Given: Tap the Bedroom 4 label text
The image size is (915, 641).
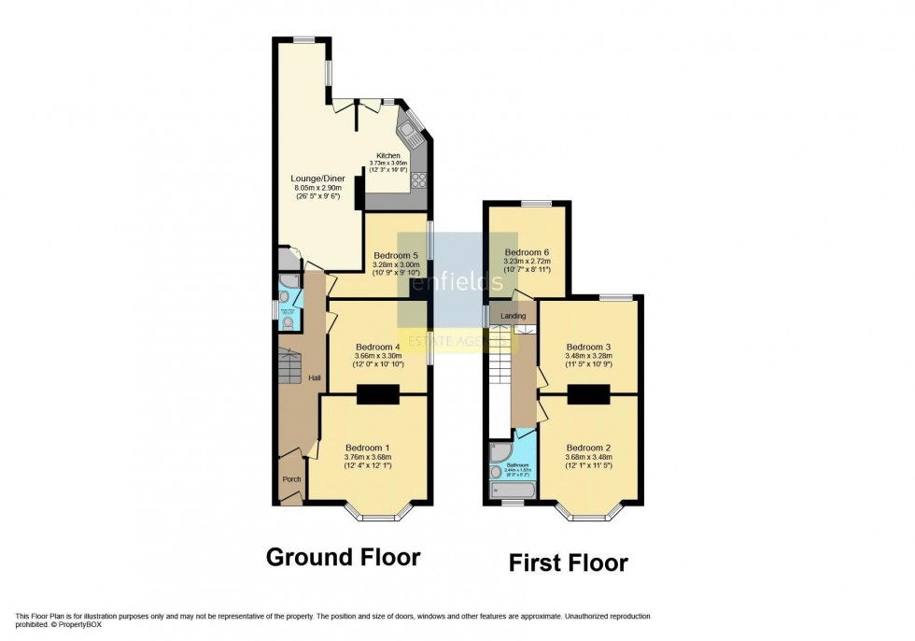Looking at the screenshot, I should point(378,346).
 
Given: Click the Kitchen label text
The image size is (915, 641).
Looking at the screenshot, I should point(388,155).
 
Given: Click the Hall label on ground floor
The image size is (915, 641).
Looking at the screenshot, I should point(316,377).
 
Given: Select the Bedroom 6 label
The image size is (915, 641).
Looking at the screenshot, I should point(528,252).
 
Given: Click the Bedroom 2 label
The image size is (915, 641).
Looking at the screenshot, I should point(589,446).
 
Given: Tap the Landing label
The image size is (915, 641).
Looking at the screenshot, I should point(514,316).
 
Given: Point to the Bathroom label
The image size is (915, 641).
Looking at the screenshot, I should point(518,463).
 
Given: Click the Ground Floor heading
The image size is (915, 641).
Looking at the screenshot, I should point(343,558).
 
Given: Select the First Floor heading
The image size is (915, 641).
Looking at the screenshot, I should point(568,563).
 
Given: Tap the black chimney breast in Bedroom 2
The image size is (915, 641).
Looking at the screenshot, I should point(588,396).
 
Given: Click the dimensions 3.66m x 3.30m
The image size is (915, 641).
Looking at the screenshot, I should point(378,355).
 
